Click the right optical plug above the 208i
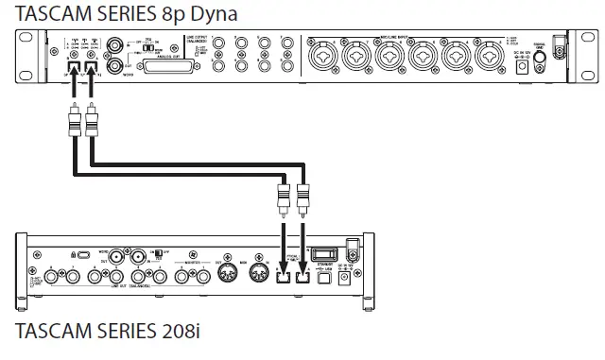click(301, 200)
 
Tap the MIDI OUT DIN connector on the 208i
click(229, 274)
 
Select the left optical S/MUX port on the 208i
click(283, 278)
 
